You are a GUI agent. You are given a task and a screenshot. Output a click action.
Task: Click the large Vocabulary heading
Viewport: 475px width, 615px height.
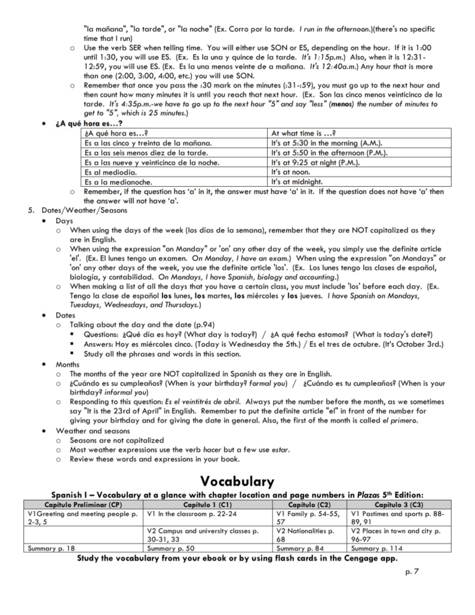pos(237,481)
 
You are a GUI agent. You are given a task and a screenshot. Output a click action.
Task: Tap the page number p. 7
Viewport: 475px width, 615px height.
pos(412,571)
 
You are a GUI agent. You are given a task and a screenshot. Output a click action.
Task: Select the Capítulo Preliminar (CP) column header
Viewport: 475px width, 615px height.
pos(83,505)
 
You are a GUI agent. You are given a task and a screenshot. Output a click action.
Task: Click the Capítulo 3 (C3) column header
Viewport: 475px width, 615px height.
pos(399,505)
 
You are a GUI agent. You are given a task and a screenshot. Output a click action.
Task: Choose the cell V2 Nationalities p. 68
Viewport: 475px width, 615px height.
pos(305,535)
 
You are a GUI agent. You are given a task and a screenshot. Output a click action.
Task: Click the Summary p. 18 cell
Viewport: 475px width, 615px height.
pos(51,548)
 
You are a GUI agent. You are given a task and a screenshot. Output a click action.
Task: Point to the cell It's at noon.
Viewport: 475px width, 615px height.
pos(291,172)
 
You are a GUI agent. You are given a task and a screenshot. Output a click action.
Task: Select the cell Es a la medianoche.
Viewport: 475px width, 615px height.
pos(119,182)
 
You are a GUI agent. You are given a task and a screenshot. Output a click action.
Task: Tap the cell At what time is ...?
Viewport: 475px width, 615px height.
pos(304,133)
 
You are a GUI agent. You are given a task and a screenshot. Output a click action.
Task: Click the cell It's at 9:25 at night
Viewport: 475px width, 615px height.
pos(315,162)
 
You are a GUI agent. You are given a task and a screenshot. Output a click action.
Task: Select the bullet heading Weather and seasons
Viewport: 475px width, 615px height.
pos(93,431)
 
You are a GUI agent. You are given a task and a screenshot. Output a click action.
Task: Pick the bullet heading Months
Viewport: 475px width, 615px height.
pos(67,364)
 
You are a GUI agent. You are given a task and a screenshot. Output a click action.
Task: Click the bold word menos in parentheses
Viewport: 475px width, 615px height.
pos(342,104)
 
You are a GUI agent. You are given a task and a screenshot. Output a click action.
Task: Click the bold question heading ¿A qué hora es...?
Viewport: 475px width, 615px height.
pos(89,124)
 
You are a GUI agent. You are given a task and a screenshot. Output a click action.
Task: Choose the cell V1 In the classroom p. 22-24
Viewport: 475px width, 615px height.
pos(192,514)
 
